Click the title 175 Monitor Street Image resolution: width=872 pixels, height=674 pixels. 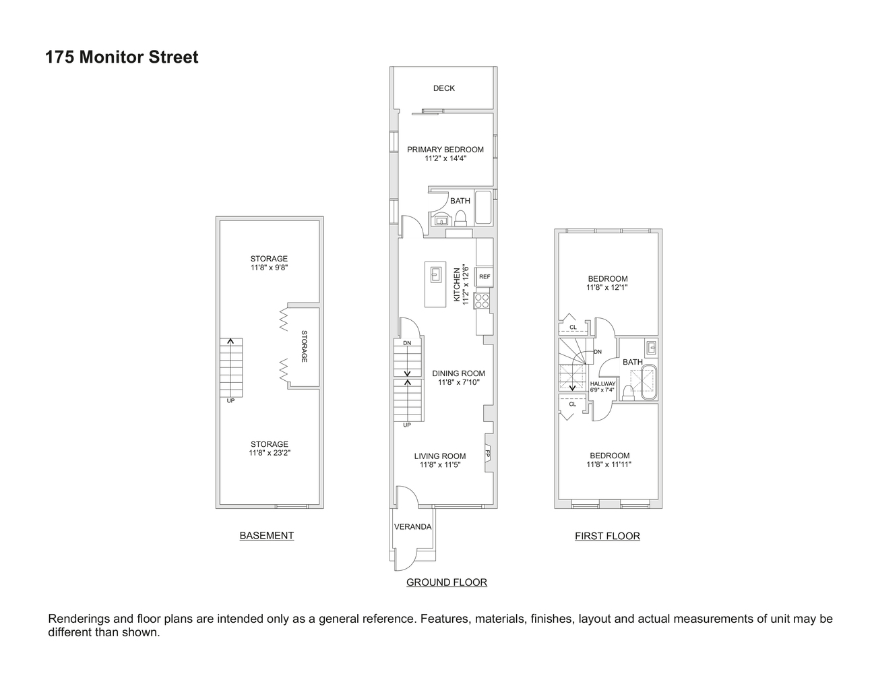point(122,57)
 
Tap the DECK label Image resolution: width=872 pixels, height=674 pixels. point(444,88)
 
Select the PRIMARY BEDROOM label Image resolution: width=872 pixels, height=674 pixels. point(445,150)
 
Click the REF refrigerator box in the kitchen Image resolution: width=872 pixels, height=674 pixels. point(484,276)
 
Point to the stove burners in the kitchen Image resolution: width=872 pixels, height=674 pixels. point(482,301)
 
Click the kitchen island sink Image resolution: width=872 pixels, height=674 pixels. point(435,274)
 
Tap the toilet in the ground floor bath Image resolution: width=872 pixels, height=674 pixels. point(462,217)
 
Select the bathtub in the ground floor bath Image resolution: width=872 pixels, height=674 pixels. point(483,208)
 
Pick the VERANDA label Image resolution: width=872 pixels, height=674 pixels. point(412,526)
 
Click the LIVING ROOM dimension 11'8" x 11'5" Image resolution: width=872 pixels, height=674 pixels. point(440,464)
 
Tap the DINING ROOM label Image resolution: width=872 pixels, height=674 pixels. point(458,373)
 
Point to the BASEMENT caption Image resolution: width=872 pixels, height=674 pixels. point(267,536)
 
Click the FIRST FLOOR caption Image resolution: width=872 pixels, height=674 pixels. point(607,537)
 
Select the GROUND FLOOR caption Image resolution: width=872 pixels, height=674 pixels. point(446,582)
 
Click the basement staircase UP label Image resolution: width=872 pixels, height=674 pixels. point(230,400)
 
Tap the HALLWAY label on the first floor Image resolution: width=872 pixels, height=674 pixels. point(602,384)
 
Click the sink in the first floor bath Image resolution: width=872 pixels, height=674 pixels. point(651,348)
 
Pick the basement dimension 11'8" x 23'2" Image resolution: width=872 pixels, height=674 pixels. point(270,453)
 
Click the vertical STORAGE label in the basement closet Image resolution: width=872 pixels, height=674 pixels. point(304,346)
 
